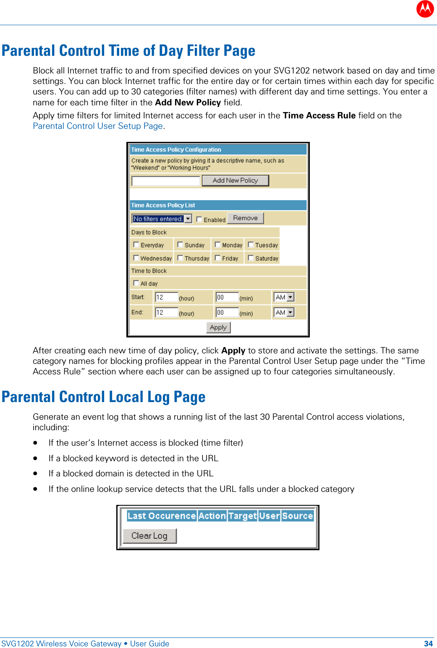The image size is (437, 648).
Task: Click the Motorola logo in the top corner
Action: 425,9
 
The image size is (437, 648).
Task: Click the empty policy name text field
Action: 165,181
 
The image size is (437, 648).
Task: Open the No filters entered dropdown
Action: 188,219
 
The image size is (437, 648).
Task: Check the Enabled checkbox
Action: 199,219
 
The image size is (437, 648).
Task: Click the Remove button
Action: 245,218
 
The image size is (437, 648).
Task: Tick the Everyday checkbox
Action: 136,245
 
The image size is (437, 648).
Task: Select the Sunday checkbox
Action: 180,245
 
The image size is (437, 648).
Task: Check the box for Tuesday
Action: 251,245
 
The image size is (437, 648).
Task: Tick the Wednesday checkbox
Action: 136,258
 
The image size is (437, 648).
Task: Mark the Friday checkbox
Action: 217,258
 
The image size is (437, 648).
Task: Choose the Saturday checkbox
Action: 251,258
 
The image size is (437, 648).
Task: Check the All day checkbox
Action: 136,283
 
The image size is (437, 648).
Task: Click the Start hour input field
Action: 166,297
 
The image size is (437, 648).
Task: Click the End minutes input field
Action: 227,312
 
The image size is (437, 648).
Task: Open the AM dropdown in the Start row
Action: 290,297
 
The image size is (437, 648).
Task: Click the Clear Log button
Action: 149,536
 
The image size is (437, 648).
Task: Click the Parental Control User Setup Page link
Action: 98,126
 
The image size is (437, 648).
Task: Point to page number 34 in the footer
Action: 428,643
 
